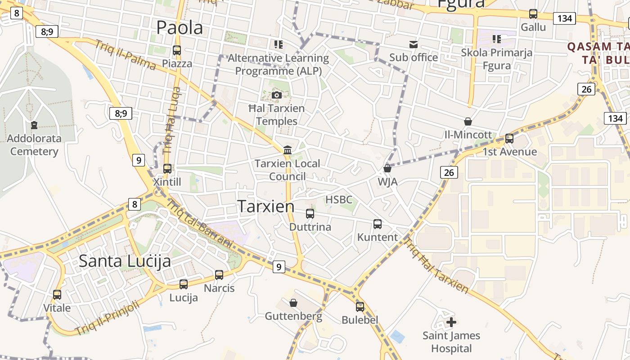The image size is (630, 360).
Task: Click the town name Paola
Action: (180, 28)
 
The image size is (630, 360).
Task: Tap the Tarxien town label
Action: (266, 207)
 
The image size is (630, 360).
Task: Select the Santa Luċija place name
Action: (125, 261)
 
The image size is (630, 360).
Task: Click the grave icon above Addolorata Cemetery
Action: (34, 125)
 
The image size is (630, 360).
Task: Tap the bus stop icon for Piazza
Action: (177, 50)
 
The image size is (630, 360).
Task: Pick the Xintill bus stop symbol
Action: (167, 169)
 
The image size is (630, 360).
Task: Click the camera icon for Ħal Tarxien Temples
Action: (277, 95)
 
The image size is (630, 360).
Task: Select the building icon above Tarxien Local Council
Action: (288, 150)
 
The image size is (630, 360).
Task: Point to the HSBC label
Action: (338, 199)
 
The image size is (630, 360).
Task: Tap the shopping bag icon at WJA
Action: (387, 169)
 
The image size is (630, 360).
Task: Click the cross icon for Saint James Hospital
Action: (451, 322)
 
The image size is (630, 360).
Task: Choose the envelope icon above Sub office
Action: (413, 45)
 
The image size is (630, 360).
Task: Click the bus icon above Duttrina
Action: (310, 213)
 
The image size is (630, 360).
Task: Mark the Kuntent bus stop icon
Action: (378, 224)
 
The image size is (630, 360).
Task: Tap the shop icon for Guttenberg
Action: (293, 303)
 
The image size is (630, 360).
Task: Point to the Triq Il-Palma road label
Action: (126, 55)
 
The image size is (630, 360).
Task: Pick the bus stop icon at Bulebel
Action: (360, 307)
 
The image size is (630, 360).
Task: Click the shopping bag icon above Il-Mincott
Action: (468, 121)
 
